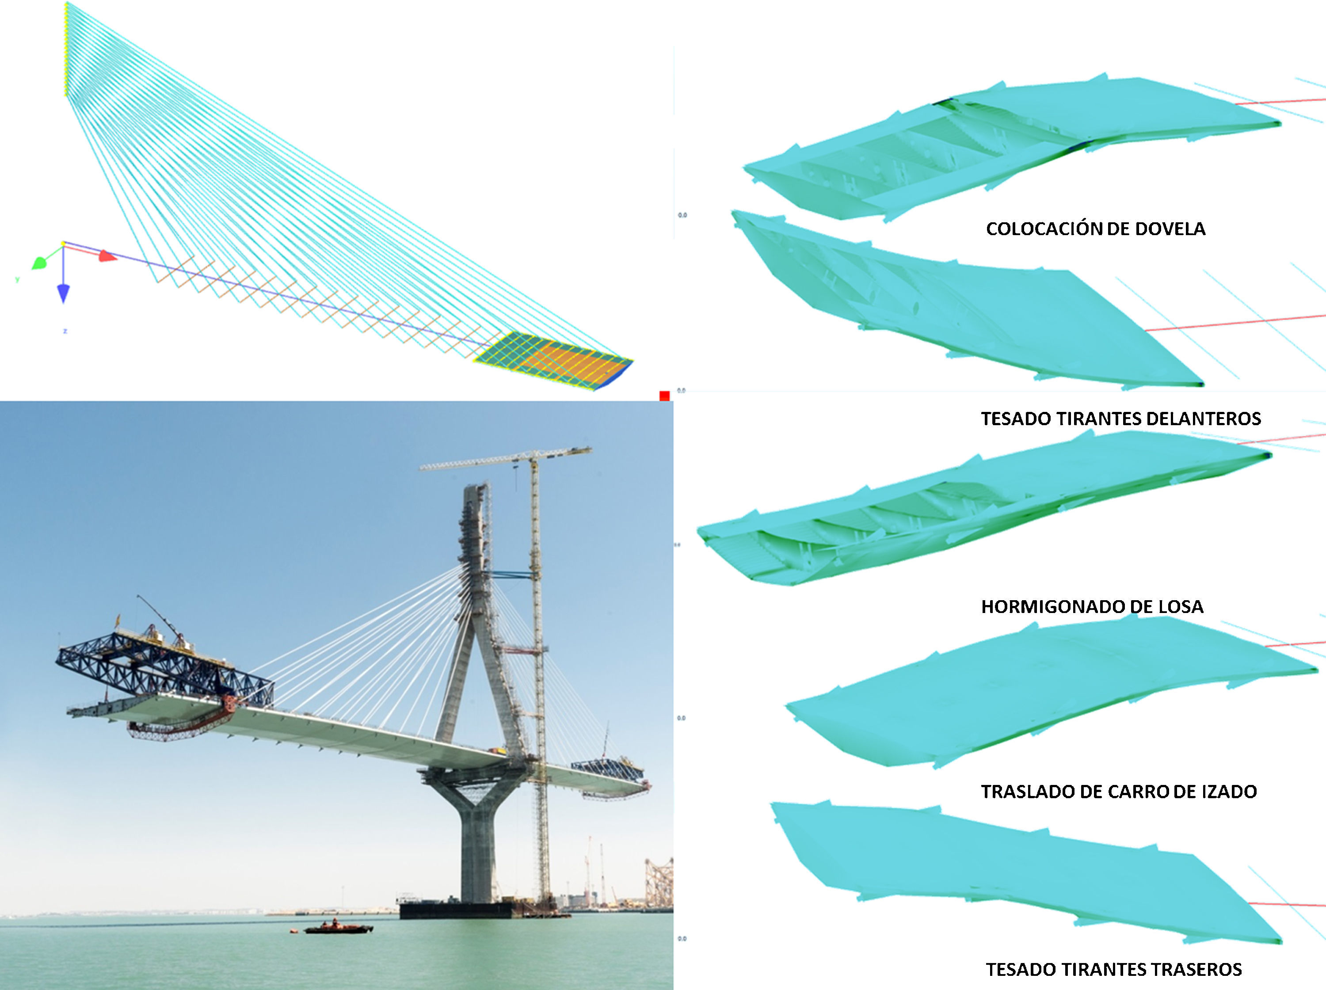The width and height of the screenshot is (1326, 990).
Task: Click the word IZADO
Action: coord(1229,792)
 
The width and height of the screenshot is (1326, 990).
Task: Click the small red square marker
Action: coord(664,396)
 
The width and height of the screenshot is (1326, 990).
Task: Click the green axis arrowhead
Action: coord(39,263)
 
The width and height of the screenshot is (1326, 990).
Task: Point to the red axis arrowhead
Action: coord(107,256)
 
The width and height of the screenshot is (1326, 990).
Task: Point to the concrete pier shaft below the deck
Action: coord(477,851)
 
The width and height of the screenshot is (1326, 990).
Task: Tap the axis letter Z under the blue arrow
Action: coord(65,331)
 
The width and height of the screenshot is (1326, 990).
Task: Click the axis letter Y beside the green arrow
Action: coord(17,280)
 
